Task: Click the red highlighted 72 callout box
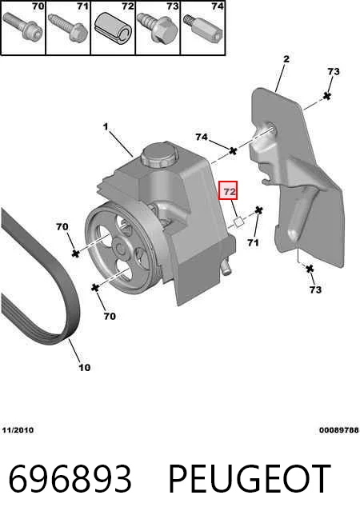pyautogui.click(x=228, y=190)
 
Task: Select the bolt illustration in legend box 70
pyautogui.click(x=22, y=26)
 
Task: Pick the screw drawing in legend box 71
pyautogui.click(x=68, y=27)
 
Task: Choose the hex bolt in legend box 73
pyautogui.click(x=158, y=28)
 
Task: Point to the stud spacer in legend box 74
pyautogui.click(x=203, y=28)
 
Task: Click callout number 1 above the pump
pyautogui.click(x=106, y=127)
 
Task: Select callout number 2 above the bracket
pyautogui.click(x=286, y=59)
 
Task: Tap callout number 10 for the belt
pyautogui.click(x=85, y=368)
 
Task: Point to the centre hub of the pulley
pyautogui.click(x=121, y=249)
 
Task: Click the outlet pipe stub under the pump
pyautogui.click(x=226, y=267)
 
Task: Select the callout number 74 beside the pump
pyautogui.click(x=202, y=137)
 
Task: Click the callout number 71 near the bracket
pyautogui.click(x=254, y=243)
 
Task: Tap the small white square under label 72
pyautogui.click(x=239, y=222)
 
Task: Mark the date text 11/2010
pyautogui.click(x=18, y=430)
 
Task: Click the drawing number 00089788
pyautogui.click(x=338, y=430)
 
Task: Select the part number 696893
pyautogui.click(x=70, y=479)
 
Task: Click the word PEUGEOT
pyautogui.click(x=250, y=479)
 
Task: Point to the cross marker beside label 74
pyautogui.click(x=233, y=151)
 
